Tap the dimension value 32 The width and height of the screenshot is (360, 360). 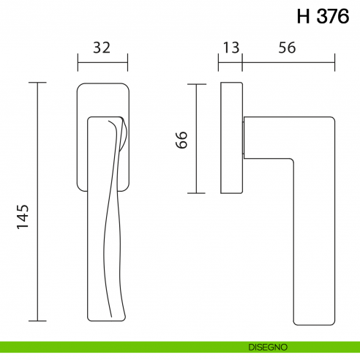pos(102,48)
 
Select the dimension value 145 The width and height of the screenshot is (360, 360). pos(23,217)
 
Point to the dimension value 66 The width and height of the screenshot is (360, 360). pos(182,139)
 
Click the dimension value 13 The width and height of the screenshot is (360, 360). pos(230,48)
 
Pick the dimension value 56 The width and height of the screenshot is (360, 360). pos(288,48)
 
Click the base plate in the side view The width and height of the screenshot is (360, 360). pos(231,138)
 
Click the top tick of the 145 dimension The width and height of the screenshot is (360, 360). pos(37,83)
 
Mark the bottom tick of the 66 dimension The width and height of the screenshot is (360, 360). pos(195,193)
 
